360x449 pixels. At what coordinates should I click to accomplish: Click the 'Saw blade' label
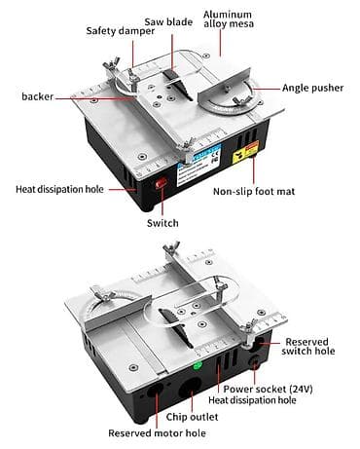point(168,22)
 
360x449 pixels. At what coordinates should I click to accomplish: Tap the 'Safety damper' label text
point(121,31)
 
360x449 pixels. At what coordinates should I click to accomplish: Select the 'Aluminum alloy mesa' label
point(229,19)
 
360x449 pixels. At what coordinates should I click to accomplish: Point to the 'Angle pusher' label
point(312,88)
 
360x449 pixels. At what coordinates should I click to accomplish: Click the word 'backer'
point(37,96)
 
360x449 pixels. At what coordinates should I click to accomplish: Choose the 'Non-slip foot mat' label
point(254,191)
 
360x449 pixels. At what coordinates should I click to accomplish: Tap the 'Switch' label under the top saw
point(162,223)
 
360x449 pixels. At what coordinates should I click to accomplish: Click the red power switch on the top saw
point(161,183)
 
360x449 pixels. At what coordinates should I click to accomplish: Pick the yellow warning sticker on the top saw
point(246,152)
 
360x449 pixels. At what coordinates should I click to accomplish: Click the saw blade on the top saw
point(179,85)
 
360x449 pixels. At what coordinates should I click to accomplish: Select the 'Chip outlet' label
point(192,417)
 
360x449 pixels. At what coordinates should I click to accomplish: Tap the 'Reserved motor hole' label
point(157,433)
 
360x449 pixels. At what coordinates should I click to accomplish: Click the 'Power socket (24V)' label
point(268,389)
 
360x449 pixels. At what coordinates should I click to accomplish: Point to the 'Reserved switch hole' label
point(308,347)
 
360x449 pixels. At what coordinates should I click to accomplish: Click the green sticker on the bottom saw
point(198,366)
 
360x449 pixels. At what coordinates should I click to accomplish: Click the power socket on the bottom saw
point(254,362)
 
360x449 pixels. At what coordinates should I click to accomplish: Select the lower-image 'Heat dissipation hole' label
point(252,400)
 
